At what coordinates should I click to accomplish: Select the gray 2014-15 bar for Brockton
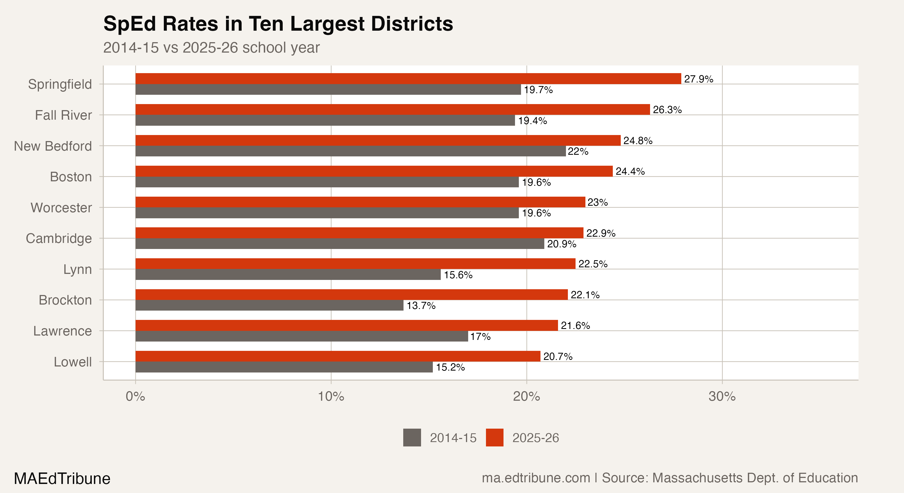[269, 305]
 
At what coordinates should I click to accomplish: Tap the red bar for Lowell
[337, 356]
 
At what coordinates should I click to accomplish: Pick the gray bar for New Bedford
[350, 151]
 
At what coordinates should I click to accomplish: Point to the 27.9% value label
[698, 79]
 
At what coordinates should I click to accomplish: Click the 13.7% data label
[421, 306]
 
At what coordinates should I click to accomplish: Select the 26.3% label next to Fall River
[667, 110]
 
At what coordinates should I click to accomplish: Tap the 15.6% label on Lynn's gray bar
[458, 275]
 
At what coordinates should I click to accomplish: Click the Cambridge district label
[59, 239]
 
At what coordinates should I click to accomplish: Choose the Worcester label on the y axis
[61, 208]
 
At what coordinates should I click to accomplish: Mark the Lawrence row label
[62, 331]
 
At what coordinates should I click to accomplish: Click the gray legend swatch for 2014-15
[412, 438]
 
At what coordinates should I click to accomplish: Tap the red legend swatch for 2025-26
[494, 438]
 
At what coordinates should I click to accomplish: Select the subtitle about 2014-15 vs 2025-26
[211, 48]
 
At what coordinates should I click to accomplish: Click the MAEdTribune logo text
[62, 478]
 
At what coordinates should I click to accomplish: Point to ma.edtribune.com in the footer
[536, 478]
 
